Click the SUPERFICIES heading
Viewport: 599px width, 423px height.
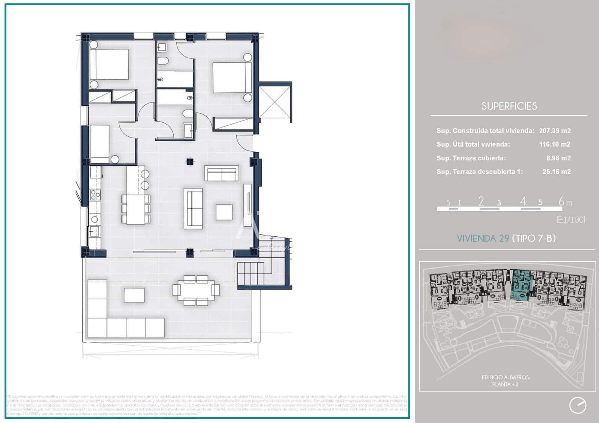tap(509, 106)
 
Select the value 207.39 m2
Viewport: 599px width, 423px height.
tap(554, 131)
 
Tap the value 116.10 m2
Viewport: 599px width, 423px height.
tap(554, 144)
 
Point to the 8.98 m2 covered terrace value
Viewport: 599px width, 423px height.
tap(558, 158)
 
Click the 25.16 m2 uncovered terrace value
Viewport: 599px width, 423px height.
tap(556, 172)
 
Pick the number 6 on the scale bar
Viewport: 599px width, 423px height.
tap(561, 201)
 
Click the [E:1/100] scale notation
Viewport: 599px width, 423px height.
tap(571, 220)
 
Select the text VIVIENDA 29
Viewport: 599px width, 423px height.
tap(483, 238)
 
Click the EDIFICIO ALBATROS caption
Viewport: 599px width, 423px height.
tap(505, 377)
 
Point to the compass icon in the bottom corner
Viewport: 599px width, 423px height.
tap(578, 405)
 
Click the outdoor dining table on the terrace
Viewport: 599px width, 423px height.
tap(196, 290)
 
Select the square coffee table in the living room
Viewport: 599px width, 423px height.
tap(224, 212)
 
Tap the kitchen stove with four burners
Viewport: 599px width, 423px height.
tap(95, 194)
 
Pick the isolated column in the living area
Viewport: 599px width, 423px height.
tap(190, 162)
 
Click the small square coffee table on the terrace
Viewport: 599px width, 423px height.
tap(134, 295)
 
